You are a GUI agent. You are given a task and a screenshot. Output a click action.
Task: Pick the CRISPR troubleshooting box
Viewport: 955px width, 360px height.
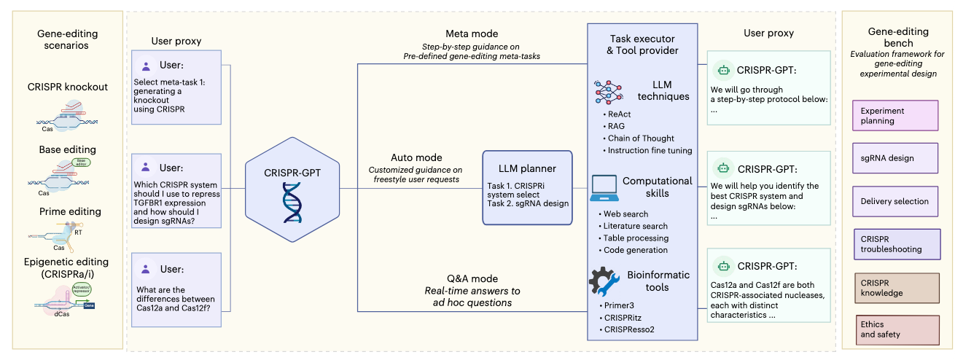(897, 243)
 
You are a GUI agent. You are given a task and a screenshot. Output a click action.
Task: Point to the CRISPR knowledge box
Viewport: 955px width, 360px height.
(897, 287)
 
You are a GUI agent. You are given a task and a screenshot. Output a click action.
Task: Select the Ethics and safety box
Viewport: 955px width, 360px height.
(897, 329)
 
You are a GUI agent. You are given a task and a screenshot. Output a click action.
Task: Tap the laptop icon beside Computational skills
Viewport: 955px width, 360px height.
(605, 188)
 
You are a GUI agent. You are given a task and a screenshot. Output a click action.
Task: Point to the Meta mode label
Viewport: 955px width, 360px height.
(472, 34)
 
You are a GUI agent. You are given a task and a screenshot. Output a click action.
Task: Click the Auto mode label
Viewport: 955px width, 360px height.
(416, 157)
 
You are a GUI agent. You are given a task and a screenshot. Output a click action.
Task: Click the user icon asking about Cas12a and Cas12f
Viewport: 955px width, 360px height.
(146, 268)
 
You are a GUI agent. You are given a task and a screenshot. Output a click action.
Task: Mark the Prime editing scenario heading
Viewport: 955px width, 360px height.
(70, 211)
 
